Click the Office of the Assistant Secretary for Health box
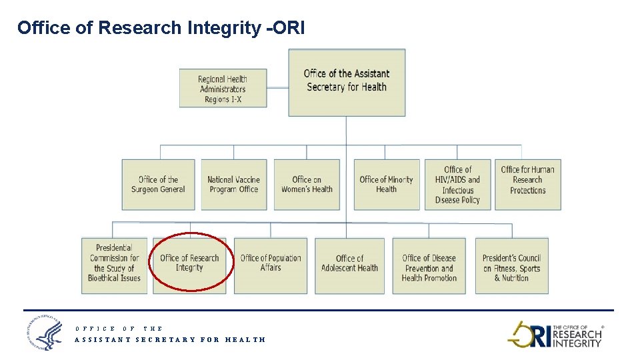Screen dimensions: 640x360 346,82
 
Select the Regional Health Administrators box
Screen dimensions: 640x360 223,88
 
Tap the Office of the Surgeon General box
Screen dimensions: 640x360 158,185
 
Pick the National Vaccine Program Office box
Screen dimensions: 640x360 233,185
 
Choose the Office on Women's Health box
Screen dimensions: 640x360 307,185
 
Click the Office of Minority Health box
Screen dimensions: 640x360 386,185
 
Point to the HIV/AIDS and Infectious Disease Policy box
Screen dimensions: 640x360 457,185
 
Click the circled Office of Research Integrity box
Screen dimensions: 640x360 189,264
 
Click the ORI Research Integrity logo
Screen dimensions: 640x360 555,335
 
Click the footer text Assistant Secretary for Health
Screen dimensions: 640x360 170,339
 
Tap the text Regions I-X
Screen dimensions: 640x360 223,99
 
